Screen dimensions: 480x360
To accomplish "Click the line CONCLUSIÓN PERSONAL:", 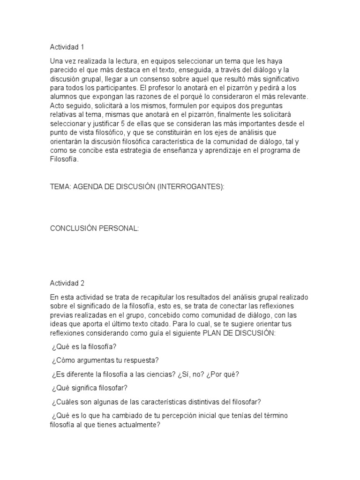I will point(95,228).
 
